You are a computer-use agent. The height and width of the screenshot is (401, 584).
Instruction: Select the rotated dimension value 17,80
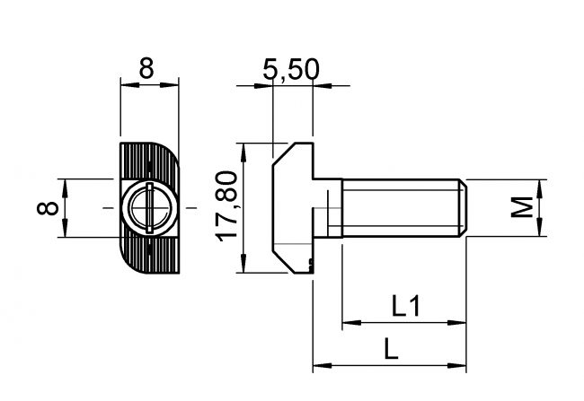(x=227, y=207)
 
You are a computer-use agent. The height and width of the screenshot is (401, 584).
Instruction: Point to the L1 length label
(x=406, y=307)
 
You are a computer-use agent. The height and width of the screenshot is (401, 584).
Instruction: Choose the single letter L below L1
(x=390, y=349)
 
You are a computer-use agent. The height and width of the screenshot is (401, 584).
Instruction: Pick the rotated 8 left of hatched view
(x=50, y=208)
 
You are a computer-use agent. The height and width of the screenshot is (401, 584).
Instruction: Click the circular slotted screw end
(x=148, y=208)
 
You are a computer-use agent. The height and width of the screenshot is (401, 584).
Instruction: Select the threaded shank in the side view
(x=400, y=208)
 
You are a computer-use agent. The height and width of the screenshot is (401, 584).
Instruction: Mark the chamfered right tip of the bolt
(x=462, y=208)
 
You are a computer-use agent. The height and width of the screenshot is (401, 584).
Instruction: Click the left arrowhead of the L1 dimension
(x=348, y=322)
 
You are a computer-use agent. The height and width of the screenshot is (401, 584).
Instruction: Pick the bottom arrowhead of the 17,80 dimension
(x=242, y=267)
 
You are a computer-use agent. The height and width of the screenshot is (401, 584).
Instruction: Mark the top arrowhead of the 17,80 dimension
(x=242, y=149)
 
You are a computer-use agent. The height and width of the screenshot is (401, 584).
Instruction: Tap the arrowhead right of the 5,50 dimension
(x=316, y=87)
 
